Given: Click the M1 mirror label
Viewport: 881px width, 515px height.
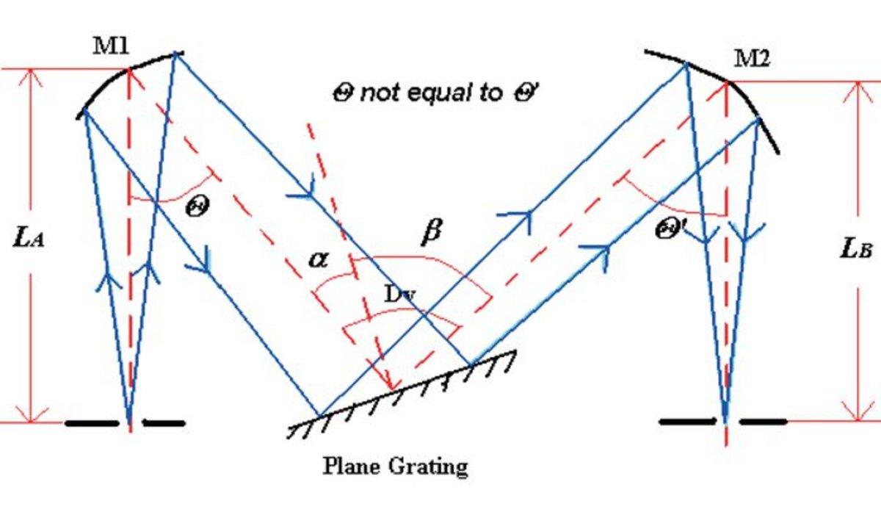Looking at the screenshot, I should (x=110, y=46).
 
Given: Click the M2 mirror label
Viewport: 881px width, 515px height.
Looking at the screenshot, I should (x=752, y=60).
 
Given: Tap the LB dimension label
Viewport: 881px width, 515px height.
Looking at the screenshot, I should (x=855, y=248).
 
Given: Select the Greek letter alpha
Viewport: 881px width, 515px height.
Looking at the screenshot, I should (x=318, y=259).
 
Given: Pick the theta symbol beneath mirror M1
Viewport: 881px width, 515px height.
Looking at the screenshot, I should (x=197, y=206).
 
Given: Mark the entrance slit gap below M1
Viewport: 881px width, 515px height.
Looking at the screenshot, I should (x=130, y=422).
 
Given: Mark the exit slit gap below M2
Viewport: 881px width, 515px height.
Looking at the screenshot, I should (x=726, y=422).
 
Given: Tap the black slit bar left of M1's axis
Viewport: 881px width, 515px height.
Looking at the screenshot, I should (x=91, y=422).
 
